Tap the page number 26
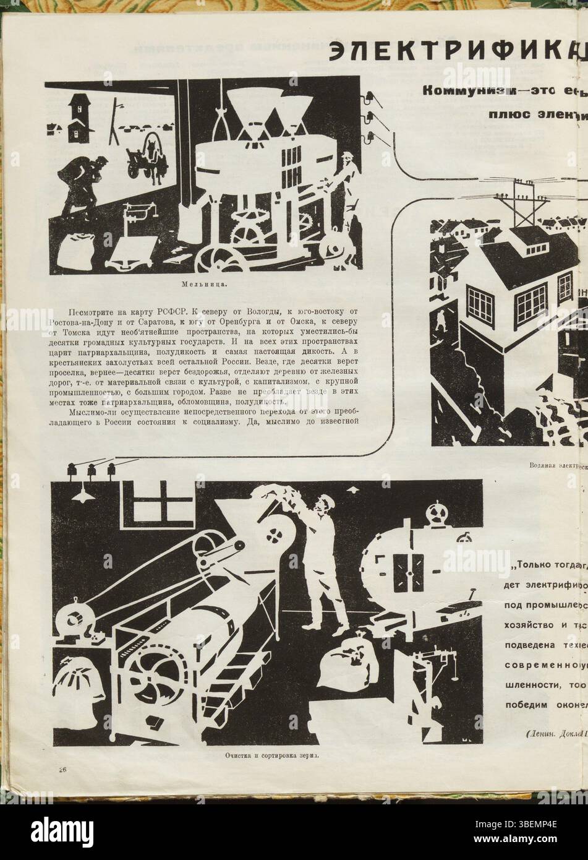click(x=62, y=769)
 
